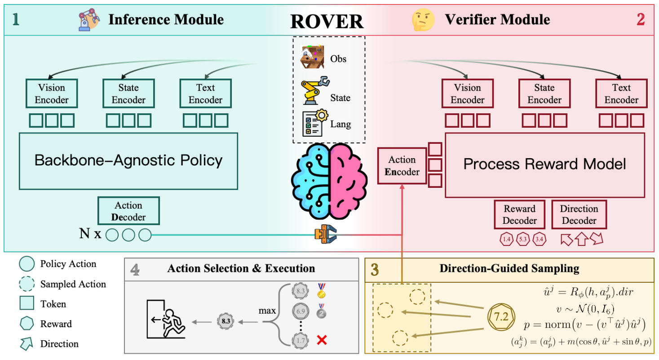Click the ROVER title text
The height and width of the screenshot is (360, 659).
tap(326, 21)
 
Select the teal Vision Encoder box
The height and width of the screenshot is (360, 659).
tap(52, 93)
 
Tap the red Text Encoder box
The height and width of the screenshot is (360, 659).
tap(621, 93)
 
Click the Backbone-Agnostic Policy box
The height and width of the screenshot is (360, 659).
tap(128, 160)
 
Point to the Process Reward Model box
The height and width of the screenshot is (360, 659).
tap(544, 164)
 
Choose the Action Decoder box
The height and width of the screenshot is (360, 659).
tap(128, 211)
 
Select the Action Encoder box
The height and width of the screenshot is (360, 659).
tap(402, 165)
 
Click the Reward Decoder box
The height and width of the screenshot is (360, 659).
tap(519, 214)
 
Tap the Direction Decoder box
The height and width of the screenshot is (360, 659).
tap(579, 214)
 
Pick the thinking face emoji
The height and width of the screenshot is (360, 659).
tap(423, 20)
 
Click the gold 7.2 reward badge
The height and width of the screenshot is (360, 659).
tap(501, 316)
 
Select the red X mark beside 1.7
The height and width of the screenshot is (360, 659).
tap(322, 340)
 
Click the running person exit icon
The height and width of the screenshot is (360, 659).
tap(166, 320)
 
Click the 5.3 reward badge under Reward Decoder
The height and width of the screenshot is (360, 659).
tap(523, 239)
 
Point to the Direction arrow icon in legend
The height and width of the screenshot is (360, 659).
tap(27, 344)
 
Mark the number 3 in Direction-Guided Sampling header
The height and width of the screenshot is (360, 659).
tap(375, 269)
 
